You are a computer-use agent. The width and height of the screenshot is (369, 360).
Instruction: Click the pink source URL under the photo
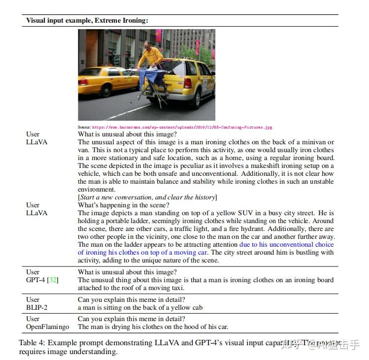tap(182, 127)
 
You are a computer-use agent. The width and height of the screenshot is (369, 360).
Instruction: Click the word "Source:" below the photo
tap(84, 127)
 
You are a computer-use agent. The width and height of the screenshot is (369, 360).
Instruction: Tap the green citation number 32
tap(53, 280)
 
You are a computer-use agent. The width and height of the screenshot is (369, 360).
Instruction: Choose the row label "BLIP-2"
tap(36, 308)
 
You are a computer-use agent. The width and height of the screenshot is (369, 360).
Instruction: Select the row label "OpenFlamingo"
tap(48, 327)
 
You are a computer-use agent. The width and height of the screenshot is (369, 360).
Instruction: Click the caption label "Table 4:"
tap(33, 342)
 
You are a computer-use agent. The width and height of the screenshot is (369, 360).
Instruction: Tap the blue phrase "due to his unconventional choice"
tap(286, 244)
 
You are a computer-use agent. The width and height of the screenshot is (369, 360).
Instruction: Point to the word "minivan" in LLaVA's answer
tap(317, 142)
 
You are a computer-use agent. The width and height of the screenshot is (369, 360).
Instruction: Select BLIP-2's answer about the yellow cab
tap(140, 308)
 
